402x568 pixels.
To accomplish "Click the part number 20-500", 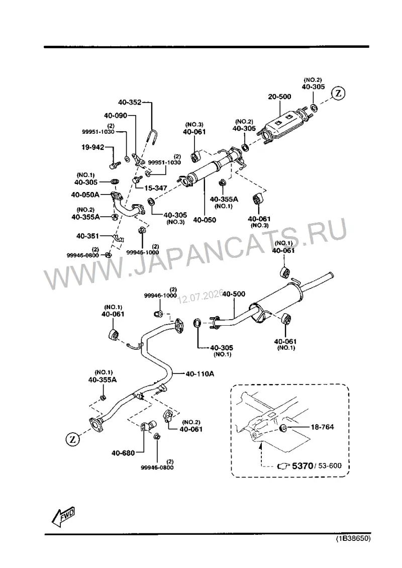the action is click(279, 97).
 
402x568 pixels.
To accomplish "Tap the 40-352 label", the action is click(130, 103).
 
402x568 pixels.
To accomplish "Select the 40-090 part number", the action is click(116, 116).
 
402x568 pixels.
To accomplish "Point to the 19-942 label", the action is click(92, 147).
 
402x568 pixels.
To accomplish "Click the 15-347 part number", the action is click(156, 188).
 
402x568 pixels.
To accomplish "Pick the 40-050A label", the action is click(85, 195).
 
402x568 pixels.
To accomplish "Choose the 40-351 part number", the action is click(87, 236).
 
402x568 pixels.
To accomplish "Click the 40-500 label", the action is click(234, 294).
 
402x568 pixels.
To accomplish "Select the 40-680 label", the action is click(123, 453).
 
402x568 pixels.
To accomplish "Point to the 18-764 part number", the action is click(322, 427).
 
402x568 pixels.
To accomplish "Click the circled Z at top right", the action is click(338, 93).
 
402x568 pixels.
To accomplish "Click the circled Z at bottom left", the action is click(72, 440).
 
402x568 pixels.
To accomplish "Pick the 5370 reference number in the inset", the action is click(303, 465).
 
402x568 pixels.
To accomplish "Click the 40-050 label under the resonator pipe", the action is click(204, 220).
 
